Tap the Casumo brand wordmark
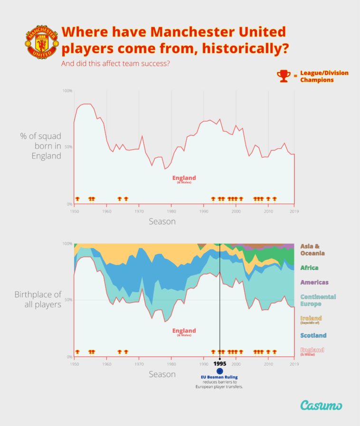pos(321,405)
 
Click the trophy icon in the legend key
pos(284,76)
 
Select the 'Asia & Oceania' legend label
pos(313,250)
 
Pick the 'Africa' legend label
pos(309,268)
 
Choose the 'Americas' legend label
pos(314,282)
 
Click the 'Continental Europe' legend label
pos(318,300)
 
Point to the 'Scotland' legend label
pos(313,335)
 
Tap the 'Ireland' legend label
pos(311,318)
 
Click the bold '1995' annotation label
pos(219,363)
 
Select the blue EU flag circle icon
pos(219,371)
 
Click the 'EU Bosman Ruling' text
pos(219,377)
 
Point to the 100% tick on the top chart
pos(67,91)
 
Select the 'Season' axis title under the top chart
pos(162,221)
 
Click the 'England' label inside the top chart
pos(184,179)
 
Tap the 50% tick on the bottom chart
pos(68,300)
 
